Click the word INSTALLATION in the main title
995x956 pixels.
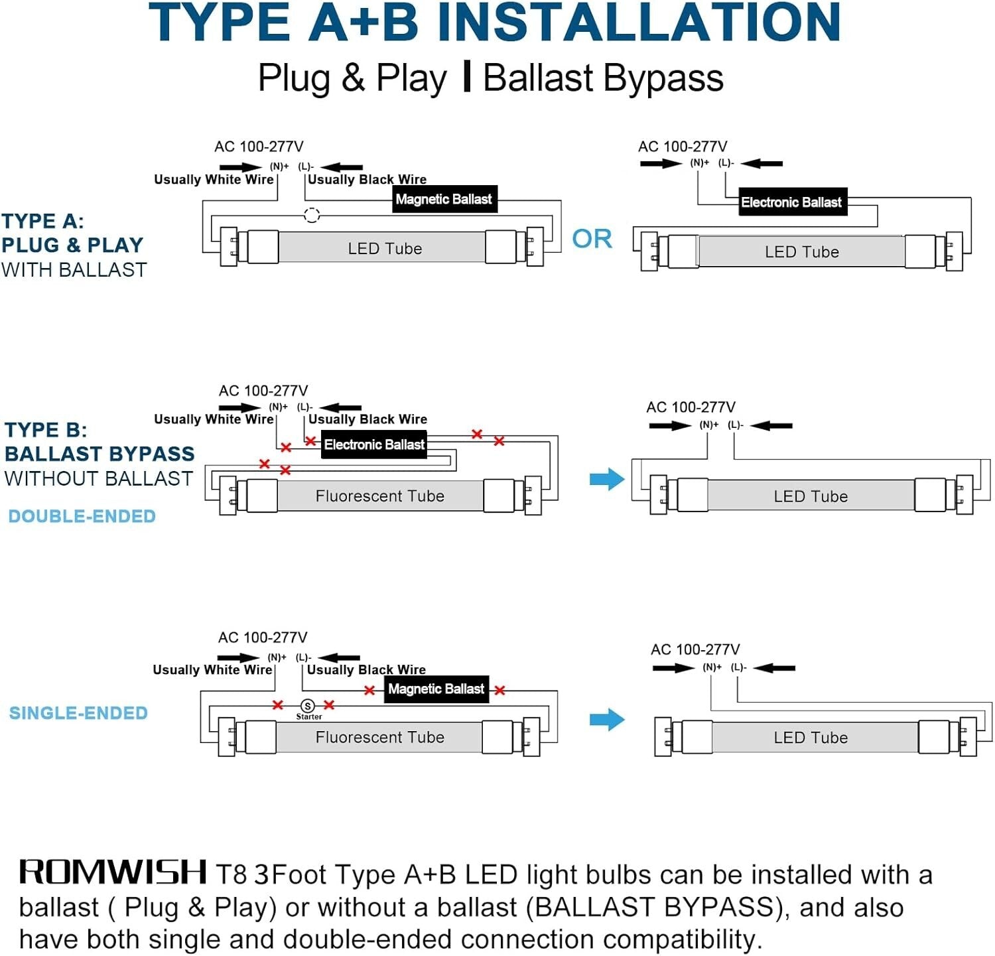pyautogui.click(x=639, y=23)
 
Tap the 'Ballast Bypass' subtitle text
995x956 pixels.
pyautogui.click(x=603, y=78)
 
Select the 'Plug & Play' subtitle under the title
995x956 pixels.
pyautogui.click(x=352, y=78)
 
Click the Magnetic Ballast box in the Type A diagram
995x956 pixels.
pyautogui.click(x=444, y=199)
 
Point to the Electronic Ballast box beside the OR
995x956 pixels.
pyautogui.click(x=791, y=202)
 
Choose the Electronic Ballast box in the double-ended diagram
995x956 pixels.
pyautogui.click(x=374, y=444)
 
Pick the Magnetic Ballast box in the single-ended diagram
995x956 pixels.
pyautogui.click(x=436, y=689)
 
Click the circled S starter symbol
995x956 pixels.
pyautogui.click(x=308, y=706)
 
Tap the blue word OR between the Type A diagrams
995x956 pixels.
pyautogui.click(x=592, y=239)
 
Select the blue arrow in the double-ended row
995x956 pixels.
pyautogui.click(x=606, y=478)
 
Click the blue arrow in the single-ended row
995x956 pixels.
pyautogui.click(x=606, y=719)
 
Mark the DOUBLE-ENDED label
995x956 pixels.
pyautogui.click(x=82, y=516)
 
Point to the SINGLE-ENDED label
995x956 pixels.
pyautogui.click(x=78, y=713)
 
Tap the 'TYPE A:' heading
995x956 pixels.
pyautogui.click(x=42, y=221)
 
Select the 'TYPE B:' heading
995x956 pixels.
pyautogui.click(x=46, y=430)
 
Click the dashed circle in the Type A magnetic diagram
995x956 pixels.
pyautogui.click(x=311, y=215)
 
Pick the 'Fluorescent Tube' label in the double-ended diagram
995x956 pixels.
pyautogui.click(x=379, y=496)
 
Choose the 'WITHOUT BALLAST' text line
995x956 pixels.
pyautogui.click(x=98, y=478)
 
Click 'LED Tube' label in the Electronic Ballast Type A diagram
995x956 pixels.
pyautogui.click(x=801, y=252)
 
